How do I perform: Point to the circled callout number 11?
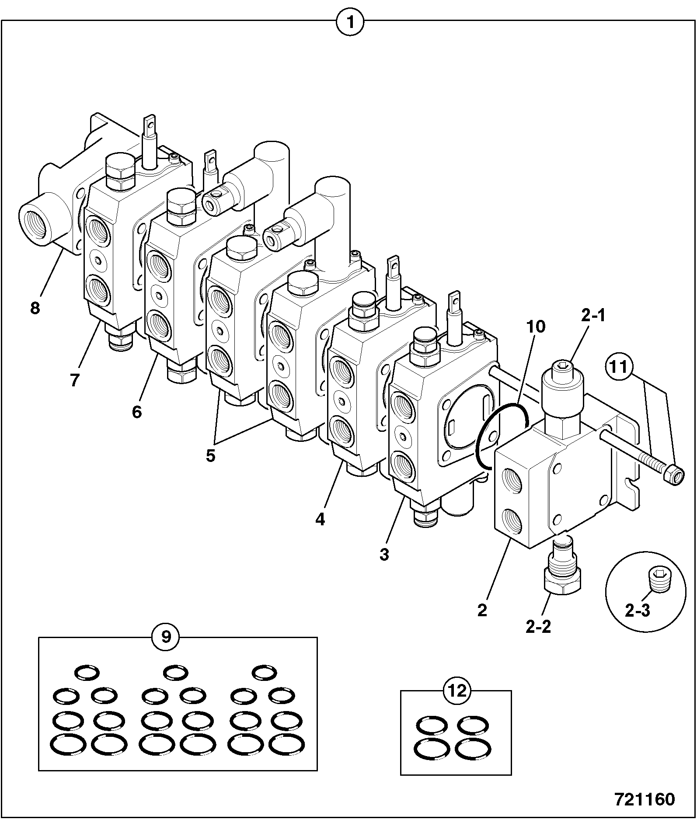(x=618, y=367)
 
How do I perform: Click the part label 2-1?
(x=594, y=316)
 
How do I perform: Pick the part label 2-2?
(x=538, y=627)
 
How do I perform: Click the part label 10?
(x=536, y=326)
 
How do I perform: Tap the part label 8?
(x=35, y=308)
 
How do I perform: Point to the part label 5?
(x=211, y=456)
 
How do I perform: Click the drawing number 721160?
(x=645, y=800)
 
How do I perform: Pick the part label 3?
(x=384, y=555)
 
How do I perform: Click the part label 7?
(x=75, y=380)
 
